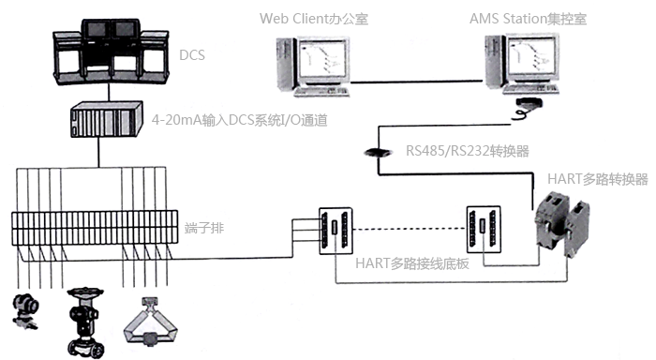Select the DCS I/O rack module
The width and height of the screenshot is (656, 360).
point(107,121)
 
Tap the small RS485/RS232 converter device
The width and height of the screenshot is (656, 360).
point(375,153)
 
